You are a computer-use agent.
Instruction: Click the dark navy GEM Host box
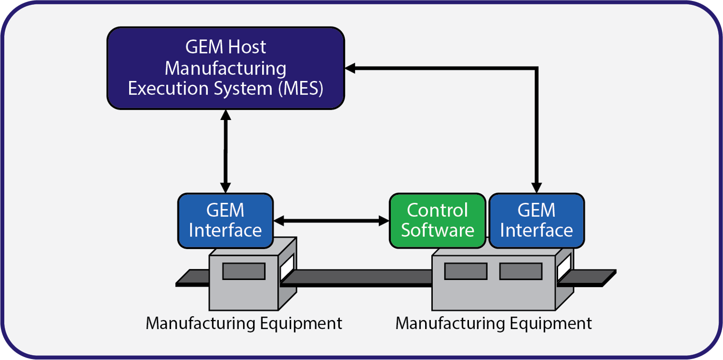pos(225,68)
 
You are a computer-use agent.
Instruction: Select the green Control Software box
pos(437,221)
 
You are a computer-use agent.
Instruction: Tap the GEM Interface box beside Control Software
pos(536,221)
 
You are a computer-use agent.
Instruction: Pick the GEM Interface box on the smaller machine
pos(225,221)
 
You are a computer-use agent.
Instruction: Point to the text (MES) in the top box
pos(301,89)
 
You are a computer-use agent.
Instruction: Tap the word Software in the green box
pos(437,230)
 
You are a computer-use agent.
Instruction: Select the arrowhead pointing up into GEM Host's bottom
pos(225,115)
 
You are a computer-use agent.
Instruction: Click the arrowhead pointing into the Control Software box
pos(384,221)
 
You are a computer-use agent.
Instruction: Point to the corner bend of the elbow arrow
pos(536,68)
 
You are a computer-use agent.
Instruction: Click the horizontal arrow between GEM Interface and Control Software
pos(331,221)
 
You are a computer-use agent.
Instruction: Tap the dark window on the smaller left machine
pos(243,271)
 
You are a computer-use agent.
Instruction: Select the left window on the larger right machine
pos(465,271)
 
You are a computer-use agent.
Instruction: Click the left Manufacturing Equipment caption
pos(244,323)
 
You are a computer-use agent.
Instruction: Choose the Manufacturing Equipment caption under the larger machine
pos(494,323)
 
